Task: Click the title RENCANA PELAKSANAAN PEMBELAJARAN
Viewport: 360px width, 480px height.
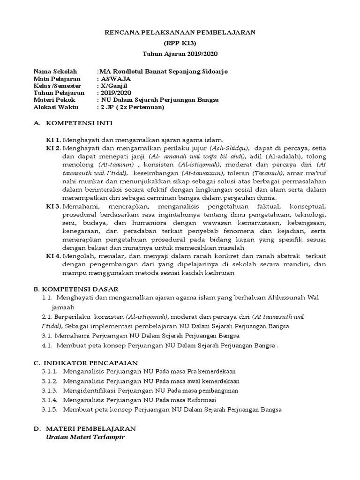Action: point(180,32)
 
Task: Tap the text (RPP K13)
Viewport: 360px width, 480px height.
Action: point(180,43)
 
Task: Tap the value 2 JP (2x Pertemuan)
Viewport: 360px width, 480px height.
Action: point(131,107)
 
